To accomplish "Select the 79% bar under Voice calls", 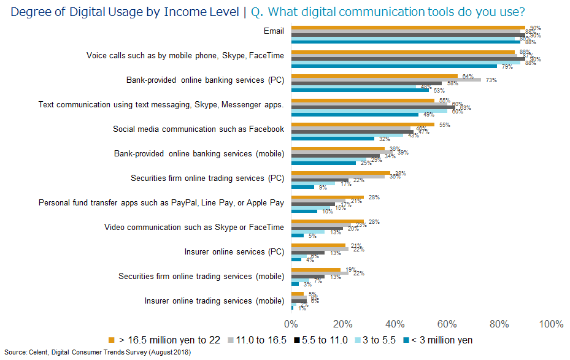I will point(393,66).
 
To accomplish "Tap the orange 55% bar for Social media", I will point(363,124).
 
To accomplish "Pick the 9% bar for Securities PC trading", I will point(302,187).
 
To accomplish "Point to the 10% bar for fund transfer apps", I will point(304,211).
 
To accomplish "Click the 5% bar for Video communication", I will point(298,236).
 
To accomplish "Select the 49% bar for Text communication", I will point(355,114).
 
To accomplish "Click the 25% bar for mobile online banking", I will point(323,163).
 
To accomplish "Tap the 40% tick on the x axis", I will point(395,324).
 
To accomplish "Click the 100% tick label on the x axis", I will point(550,324).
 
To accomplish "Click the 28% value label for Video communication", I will point(372,221).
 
